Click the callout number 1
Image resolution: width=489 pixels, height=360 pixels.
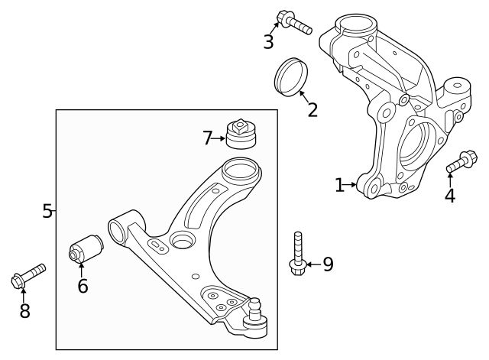click(340, 185)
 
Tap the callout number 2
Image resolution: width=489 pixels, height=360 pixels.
click(313, 109)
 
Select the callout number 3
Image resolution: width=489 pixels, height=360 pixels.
click(268, 41)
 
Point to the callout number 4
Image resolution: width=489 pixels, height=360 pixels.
click(450, 196)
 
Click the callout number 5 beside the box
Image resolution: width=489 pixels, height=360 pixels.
click(47, 211)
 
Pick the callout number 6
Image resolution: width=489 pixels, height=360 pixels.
click(83, 286)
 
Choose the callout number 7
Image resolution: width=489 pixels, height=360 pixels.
click(208, 138)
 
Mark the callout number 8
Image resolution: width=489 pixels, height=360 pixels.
click(24, 310)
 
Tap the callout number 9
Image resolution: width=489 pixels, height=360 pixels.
click(328, 264)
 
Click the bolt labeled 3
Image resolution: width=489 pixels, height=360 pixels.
click(296, 23)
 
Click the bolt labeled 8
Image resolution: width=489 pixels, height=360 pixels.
click(28, 276)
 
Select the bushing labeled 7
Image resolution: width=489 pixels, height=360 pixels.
click(241, 132)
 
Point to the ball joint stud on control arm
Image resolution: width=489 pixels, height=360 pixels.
click(254, 307)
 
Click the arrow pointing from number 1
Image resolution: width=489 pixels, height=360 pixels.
click(353, 184)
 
